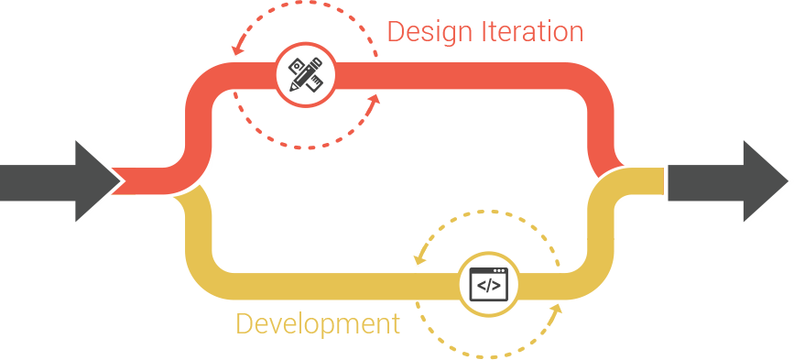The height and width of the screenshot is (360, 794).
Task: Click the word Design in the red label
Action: [x=430, y=31]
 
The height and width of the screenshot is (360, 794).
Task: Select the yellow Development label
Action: [x=318, y=323]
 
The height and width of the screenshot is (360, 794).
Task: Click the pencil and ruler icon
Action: [x=306, y=76]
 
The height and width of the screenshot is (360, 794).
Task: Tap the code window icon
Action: [x=489, y=283]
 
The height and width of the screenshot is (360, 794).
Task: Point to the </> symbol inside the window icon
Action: [x=489, y=286]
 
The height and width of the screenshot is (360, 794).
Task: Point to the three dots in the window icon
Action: [x=500, y=270]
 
